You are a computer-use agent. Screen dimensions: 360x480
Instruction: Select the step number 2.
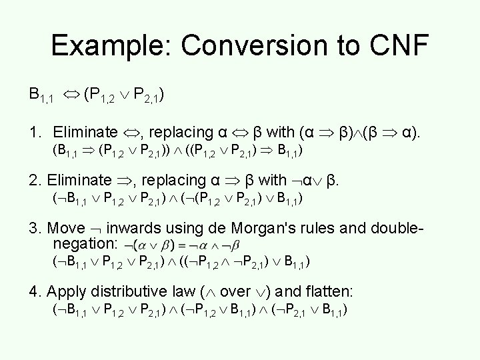point(33,180)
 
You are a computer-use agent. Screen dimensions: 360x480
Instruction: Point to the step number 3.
point(33,227)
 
